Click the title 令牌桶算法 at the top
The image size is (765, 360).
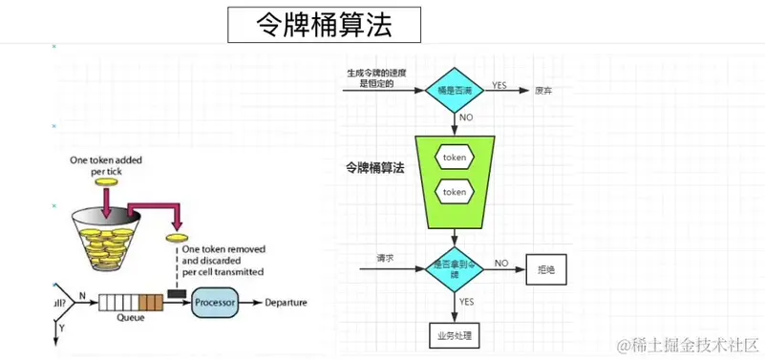(x=324, y=25)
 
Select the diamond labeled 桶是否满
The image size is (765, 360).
(x=455, y=89)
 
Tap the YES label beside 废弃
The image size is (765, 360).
(x=499, y=86)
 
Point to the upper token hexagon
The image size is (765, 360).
(x=455, y=157)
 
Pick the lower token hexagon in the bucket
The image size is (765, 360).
(x=455, y=192)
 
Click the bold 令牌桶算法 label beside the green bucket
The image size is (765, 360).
(x=375, y=167)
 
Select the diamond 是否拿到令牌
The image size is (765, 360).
(x=455, y=270)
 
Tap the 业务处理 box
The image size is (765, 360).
(x=455, y=335)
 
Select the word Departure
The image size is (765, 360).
(x=286, y=304)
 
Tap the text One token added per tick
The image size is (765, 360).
(x=106, y=166)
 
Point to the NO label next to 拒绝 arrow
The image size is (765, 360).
(x=500, y=263)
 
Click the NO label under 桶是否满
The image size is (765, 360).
(x=466, y=117)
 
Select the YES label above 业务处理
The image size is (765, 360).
(x=466, y=302)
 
